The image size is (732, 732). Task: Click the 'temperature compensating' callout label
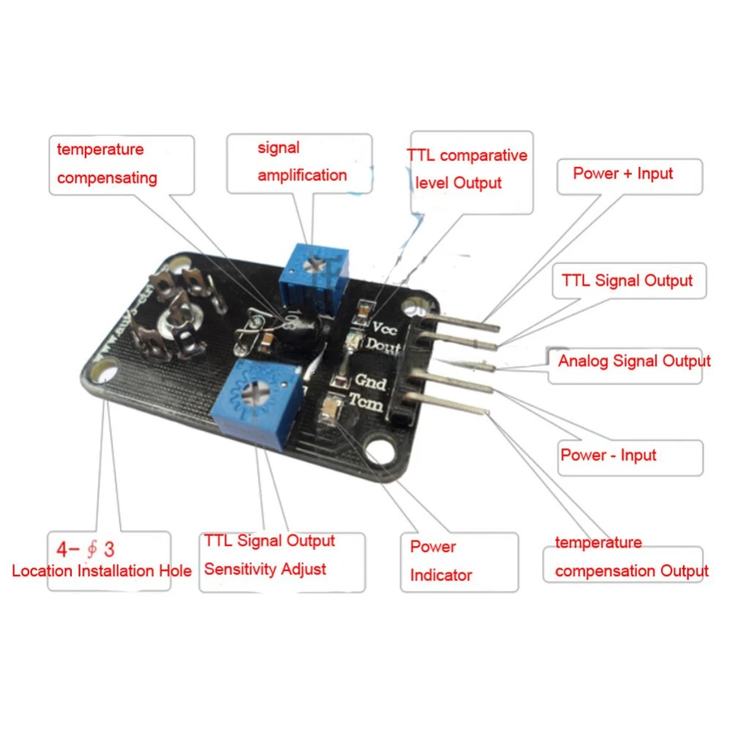107,163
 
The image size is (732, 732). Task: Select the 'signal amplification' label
302,162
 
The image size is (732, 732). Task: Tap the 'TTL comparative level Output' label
467,169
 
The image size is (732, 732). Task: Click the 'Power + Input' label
622,173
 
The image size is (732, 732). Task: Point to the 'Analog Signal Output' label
634,361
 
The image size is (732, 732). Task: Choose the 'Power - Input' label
608,455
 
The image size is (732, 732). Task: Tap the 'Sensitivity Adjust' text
265,569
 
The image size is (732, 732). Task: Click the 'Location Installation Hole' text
102,571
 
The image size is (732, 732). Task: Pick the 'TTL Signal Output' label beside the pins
627,280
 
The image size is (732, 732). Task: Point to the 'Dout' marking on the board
383,346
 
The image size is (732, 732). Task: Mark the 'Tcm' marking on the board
366,401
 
